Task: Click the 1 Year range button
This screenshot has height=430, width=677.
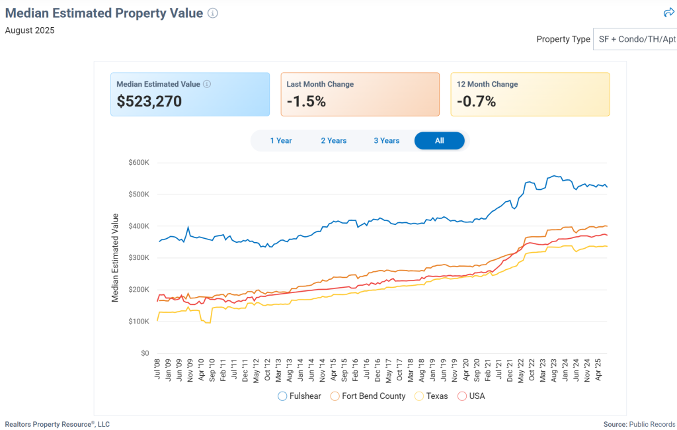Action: tap(281, 141)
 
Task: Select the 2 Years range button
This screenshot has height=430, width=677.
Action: tap(334, 141)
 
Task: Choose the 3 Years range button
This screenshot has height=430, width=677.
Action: tap(387, 141)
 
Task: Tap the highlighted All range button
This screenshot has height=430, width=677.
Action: tap(440, 141)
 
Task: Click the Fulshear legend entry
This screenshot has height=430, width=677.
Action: tap(301, 396)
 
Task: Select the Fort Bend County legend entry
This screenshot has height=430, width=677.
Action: tap(368, 396)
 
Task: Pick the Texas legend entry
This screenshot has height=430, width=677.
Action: tap(431, 396)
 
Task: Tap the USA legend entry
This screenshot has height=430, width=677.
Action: tap(471, 396)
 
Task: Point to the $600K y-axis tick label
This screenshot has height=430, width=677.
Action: tap(139, 163)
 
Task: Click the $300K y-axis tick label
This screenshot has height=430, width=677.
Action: tap(139, 258)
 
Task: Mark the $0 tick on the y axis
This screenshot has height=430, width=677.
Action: tap(145, 353)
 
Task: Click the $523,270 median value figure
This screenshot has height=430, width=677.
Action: tap(149, 102)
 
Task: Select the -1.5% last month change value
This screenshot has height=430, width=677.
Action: tap(306, 102)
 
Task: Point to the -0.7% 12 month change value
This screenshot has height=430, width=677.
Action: tap(476, 102)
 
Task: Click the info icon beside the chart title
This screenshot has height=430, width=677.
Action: tap(213, 13)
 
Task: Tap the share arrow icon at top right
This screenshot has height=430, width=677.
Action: tap(668, 13)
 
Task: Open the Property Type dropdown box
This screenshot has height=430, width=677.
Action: tap(635, 39)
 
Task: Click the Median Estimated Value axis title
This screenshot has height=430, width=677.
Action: tap(115, 258)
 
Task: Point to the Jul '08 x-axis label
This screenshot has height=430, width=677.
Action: tap(157, 369)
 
